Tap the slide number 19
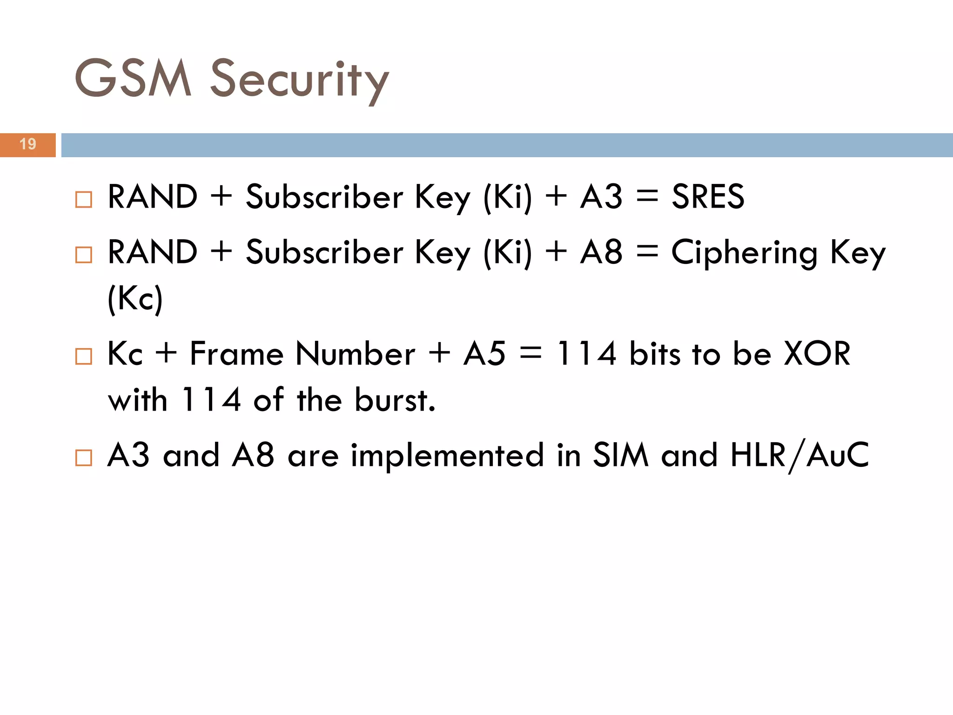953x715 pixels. (28, 144)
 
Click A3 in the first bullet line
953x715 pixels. (601, 196)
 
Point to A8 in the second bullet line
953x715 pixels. (601, 252)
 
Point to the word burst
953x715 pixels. (395, 400)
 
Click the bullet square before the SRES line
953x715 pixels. (84, 200)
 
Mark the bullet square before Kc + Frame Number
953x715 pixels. (84, 357)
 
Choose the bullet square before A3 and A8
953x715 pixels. (84, 458)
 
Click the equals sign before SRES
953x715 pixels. (647, 196)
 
